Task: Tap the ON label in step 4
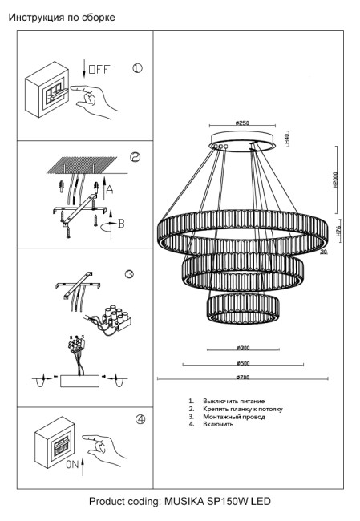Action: point(73,464)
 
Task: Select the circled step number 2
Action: point(136,158)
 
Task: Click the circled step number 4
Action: point(140,418)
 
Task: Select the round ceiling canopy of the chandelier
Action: point(241,145)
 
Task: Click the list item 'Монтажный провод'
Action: point(232,417)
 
